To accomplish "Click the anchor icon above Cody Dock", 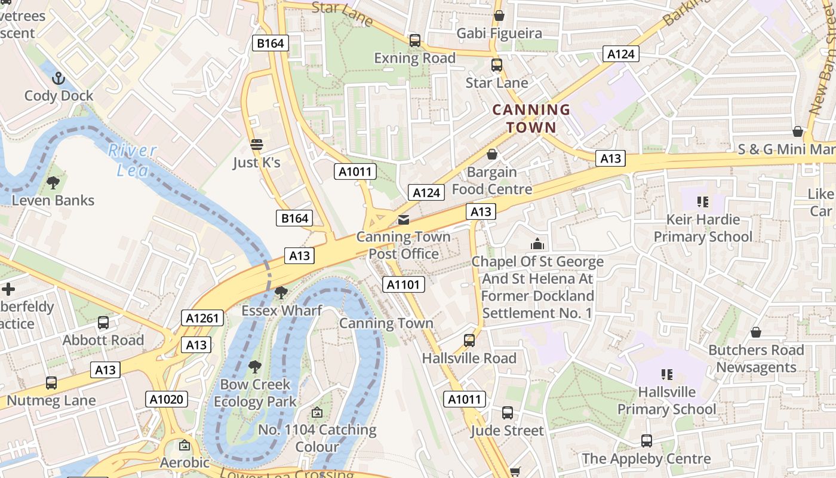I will coord(59,78).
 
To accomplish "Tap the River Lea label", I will coord(132,160).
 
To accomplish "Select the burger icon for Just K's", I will coord(257,145).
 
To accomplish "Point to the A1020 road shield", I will coord(167,399).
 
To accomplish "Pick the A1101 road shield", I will coord(404,284).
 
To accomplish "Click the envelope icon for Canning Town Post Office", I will coord(404,220).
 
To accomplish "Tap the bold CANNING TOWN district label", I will coord(531,118).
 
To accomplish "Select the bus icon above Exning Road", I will coord(414,41).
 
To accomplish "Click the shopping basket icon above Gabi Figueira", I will coord(499,16).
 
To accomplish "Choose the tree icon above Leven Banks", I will coord(53,183).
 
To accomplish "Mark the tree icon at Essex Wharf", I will coord(281,293).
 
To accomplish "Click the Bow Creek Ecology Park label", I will coord(255,393).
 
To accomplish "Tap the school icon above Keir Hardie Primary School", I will coord(702,202).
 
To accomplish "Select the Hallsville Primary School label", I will coord(666,400).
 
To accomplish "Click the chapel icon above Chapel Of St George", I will coord(537,244).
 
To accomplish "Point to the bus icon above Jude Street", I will coord(507,413).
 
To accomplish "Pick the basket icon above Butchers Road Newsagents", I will coord(756,332).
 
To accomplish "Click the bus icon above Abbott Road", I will coord(103,323).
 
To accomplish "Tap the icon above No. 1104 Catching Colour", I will coord(317,412).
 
